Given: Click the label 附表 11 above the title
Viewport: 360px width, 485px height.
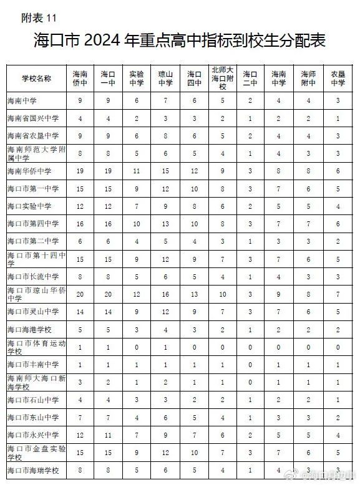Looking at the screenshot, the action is pyautogui.click(x=39, y=17).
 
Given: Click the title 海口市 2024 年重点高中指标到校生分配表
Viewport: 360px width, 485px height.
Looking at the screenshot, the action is pyautogui.click(x=180, y=41).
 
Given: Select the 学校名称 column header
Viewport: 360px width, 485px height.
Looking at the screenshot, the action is pyautogui.click(x=36, y=79).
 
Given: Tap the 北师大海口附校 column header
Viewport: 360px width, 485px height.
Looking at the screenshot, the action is pyautogui.click(x=222, y=79).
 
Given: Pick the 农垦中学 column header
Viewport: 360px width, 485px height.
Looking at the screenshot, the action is pyautogui.click(x=338, y=79).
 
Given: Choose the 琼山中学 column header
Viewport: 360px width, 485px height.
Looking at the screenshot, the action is pyautogui.click(x=165, y=79).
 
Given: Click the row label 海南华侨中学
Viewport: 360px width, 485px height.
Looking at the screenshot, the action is pyautogui.click(x=29, y=171).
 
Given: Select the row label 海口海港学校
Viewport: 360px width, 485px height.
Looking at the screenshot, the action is pyautogui.click(x=29, y=329).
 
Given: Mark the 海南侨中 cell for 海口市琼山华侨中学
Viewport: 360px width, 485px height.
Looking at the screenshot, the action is pyautogui.click(x=80, y=294).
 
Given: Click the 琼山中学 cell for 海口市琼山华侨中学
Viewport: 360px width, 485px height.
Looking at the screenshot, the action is pyautogui.click(x=165, y=294).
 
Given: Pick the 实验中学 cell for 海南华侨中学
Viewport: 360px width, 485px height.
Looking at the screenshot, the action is pyautogui.click(x=137, y=171).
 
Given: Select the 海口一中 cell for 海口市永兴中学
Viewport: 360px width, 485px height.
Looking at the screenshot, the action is pyautogui.click(x=108, y=435).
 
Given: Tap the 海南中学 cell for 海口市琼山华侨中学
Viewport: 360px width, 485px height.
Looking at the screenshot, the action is pyautogui.click(x=279, y=294).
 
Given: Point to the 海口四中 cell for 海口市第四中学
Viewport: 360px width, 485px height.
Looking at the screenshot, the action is pyautogui.click(x=195, y=223).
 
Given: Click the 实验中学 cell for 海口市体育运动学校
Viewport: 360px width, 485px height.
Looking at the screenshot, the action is pyautogui.click(x=137, y=347).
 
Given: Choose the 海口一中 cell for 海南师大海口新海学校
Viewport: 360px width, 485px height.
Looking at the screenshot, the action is pyautogui.click(x=108, y=382).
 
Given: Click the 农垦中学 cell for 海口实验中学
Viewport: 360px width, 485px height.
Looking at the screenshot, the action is pyautogui.click(x=338, y=206).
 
